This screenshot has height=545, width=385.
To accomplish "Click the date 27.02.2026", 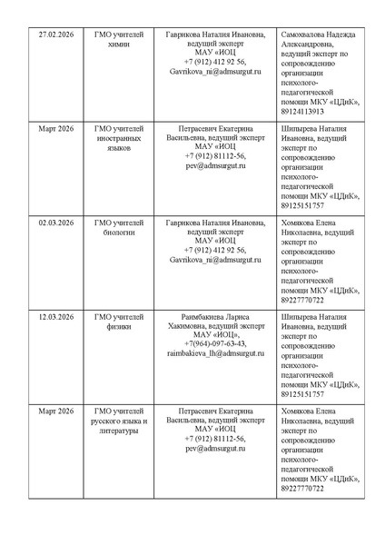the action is [54, 35].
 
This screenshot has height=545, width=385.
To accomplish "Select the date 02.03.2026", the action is [54, 222].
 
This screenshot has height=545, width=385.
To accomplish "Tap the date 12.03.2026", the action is [54, 316].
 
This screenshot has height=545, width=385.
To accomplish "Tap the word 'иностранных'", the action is [119, 138].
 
